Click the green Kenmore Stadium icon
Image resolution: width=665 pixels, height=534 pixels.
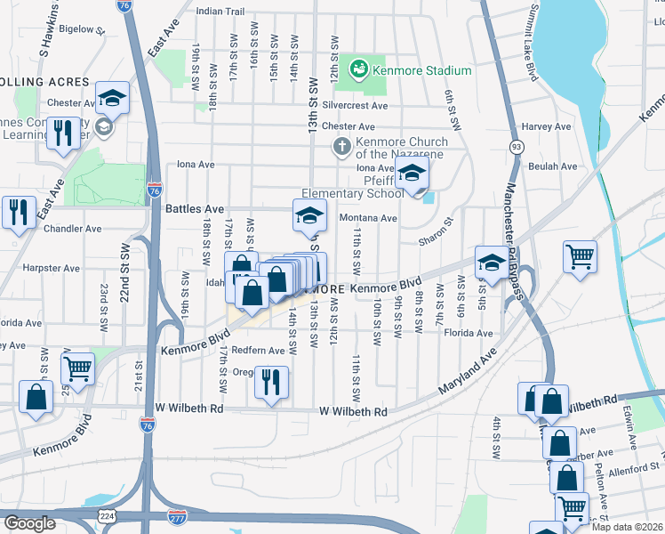(x=359, y=69)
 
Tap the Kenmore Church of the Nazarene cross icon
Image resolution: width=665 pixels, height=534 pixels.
(x=341, y=146)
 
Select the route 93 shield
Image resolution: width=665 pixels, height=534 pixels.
(x=516, y=145)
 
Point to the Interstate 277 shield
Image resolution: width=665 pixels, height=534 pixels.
(x=178, y=515)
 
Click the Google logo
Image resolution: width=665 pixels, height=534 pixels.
(x=28, y=523)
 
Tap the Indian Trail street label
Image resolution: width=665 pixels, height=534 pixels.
(x=220, y=12)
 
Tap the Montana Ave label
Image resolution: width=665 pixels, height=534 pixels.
(x=368, y=218)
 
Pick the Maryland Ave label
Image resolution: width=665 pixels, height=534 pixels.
(x=466, y=376)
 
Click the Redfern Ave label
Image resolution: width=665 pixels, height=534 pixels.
(x=258, y=351)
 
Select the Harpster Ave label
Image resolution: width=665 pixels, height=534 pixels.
(x=52, y=268)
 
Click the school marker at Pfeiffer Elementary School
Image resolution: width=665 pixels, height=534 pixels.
(x=412, y=174)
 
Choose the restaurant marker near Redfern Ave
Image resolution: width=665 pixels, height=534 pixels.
(x=272, y=382)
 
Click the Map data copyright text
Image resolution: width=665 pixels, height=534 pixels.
(x=624, y=527)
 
